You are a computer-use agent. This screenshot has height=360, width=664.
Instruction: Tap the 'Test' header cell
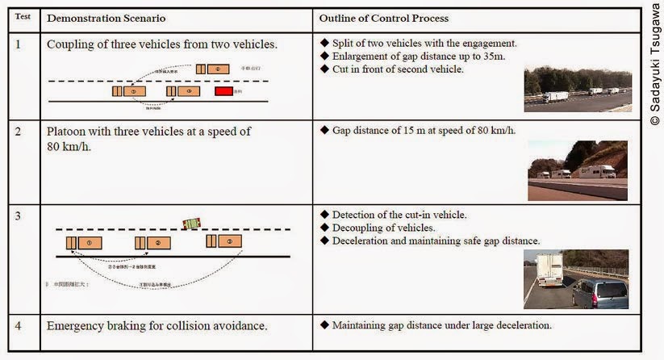(23, 15)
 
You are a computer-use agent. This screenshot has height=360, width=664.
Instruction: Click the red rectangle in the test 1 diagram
(223, 91)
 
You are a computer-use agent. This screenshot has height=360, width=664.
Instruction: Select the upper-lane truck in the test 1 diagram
(217, 69)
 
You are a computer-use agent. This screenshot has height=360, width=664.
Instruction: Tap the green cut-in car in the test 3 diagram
(191, 223)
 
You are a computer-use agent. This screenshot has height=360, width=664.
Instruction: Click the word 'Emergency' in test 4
(78, 326)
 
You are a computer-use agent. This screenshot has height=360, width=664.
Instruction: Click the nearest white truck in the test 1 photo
(556, 97)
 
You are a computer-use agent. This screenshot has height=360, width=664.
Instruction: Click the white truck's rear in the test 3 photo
(550, 270)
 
